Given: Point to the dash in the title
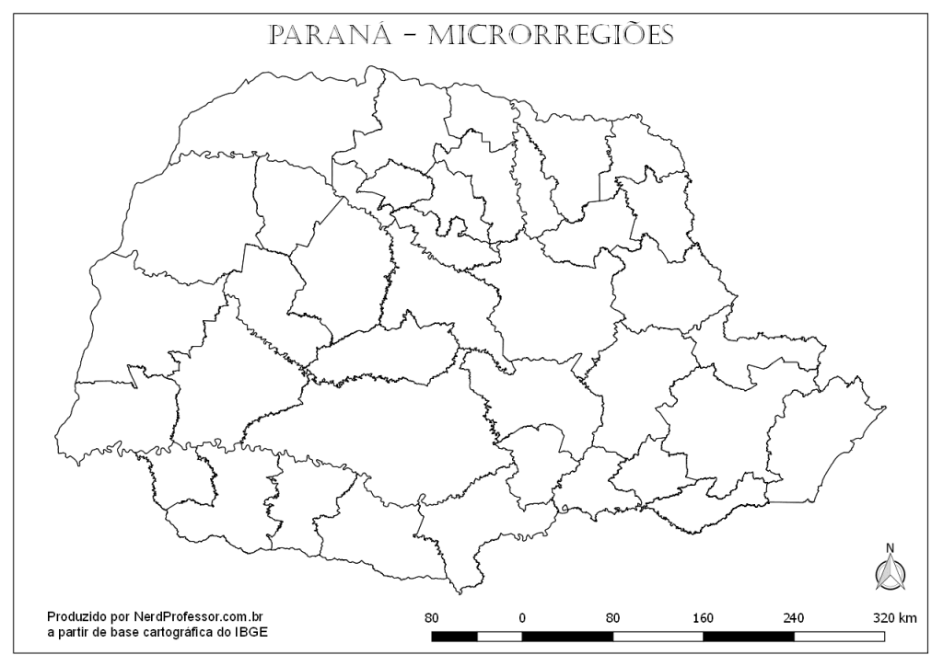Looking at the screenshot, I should coord(408,36).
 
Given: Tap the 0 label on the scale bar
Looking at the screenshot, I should coord(522,617).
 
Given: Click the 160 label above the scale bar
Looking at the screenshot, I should coord(704,617).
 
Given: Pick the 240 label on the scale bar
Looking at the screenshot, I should coord(794,617).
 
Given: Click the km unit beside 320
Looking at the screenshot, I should coord(907,617).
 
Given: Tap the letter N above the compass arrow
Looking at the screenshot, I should coord(890,549).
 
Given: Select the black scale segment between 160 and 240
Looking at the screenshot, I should coord(749,636).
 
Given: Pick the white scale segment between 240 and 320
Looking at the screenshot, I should coord(839,636).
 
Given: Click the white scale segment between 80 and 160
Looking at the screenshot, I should coord(658,636).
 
